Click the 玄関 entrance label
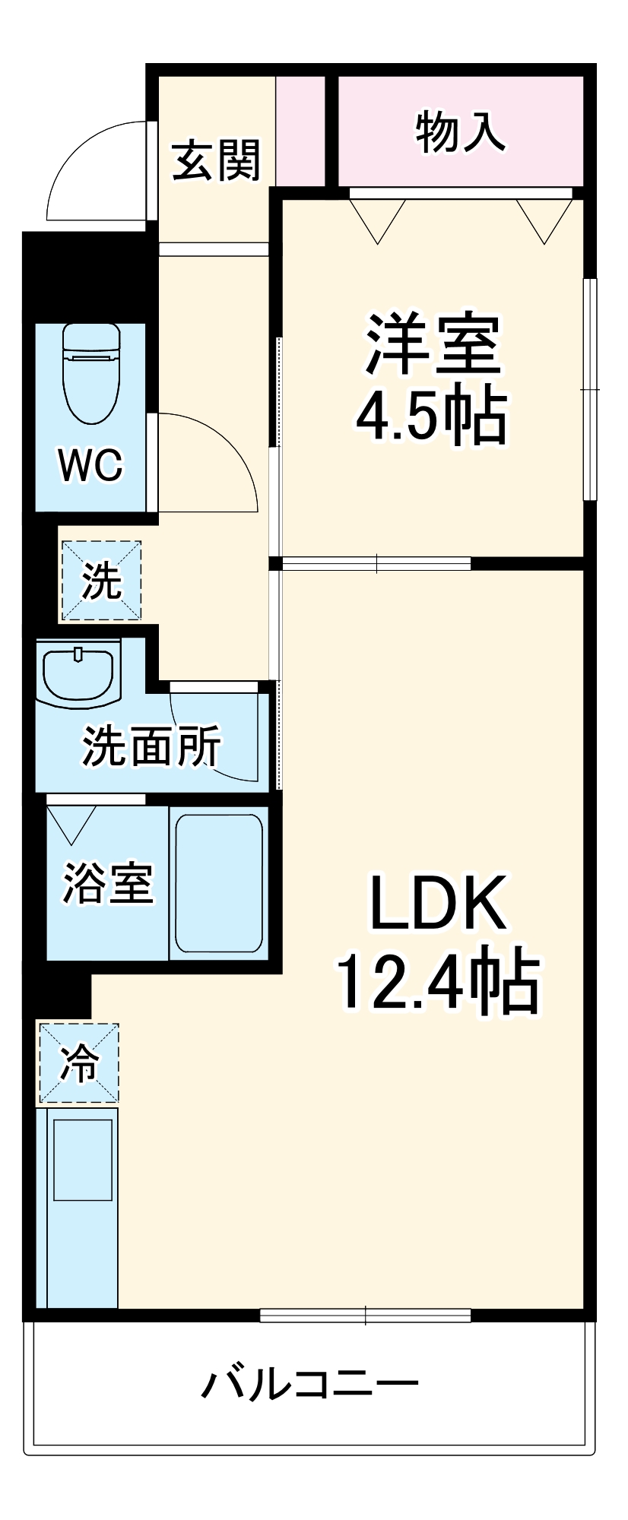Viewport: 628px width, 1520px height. pyautogui.click(x=217, y=160)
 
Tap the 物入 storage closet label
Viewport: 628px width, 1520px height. pyautogui.click(x=460, y=131)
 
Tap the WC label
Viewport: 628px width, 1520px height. pyautogui.click(x=91, y=464)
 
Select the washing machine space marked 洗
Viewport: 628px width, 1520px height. pyautogui.click(x=101, y=581)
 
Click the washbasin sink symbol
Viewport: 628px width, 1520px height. pyautogui.click(x=78, y=673)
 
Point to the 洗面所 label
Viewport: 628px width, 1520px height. pyautogui.click(x=152, y=746)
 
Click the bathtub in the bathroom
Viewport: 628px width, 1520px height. pyautogui.click(x=219, y=883)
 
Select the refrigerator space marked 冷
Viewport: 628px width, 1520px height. pyautogui.click(x=79, y=1062)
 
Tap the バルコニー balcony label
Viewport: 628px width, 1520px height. pyautogui.click(x=309, y=1385)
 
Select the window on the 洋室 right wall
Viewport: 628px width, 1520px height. pyautogui.click(x=589, y=389)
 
